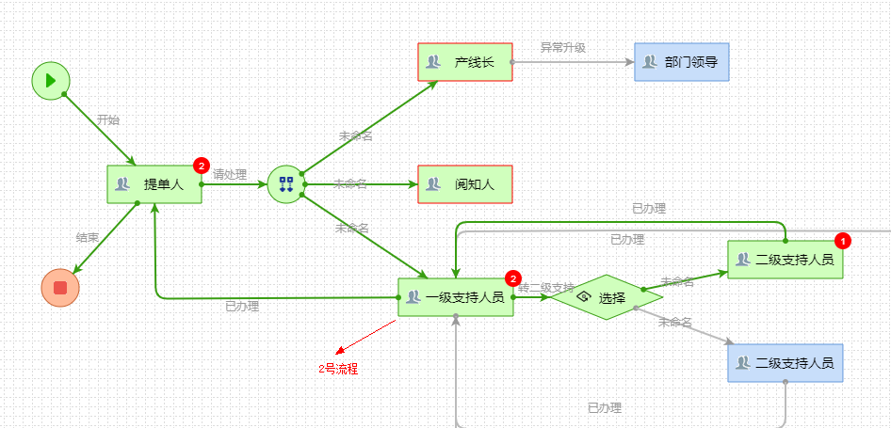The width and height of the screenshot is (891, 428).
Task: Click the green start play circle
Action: click(50, 80)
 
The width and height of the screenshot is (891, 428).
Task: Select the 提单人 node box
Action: click(154, 184)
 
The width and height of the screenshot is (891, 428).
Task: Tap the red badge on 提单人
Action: click(201, 166)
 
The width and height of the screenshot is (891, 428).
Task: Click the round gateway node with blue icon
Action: click(286, 183)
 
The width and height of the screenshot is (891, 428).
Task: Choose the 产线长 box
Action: click(464, 62)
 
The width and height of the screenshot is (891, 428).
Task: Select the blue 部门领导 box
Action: click(681, 62)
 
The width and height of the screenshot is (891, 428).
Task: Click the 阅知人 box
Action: click(464, 184)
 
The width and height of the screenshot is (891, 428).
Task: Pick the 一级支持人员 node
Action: click(455, 297)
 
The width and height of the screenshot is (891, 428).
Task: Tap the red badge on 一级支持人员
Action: click(512, 278)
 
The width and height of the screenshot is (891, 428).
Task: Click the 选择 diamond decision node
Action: click(607, 297)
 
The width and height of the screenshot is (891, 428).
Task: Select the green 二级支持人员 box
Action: click(785, 260)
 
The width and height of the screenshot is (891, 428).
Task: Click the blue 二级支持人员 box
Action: click(785, 363)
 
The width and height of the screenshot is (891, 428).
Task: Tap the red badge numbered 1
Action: click(843, 241)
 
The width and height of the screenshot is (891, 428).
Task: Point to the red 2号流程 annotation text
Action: click(338, 369)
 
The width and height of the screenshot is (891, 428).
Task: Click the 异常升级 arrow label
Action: click(562, 48)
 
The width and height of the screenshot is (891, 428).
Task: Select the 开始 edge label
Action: click(108, 120)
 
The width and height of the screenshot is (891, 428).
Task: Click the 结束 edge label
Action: click(87, 238)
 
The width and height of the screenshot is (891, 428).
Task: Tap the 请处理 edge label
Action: click(230, 174)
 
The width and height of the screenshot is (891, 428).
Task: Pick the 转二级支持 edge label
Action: click(546, 288)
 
